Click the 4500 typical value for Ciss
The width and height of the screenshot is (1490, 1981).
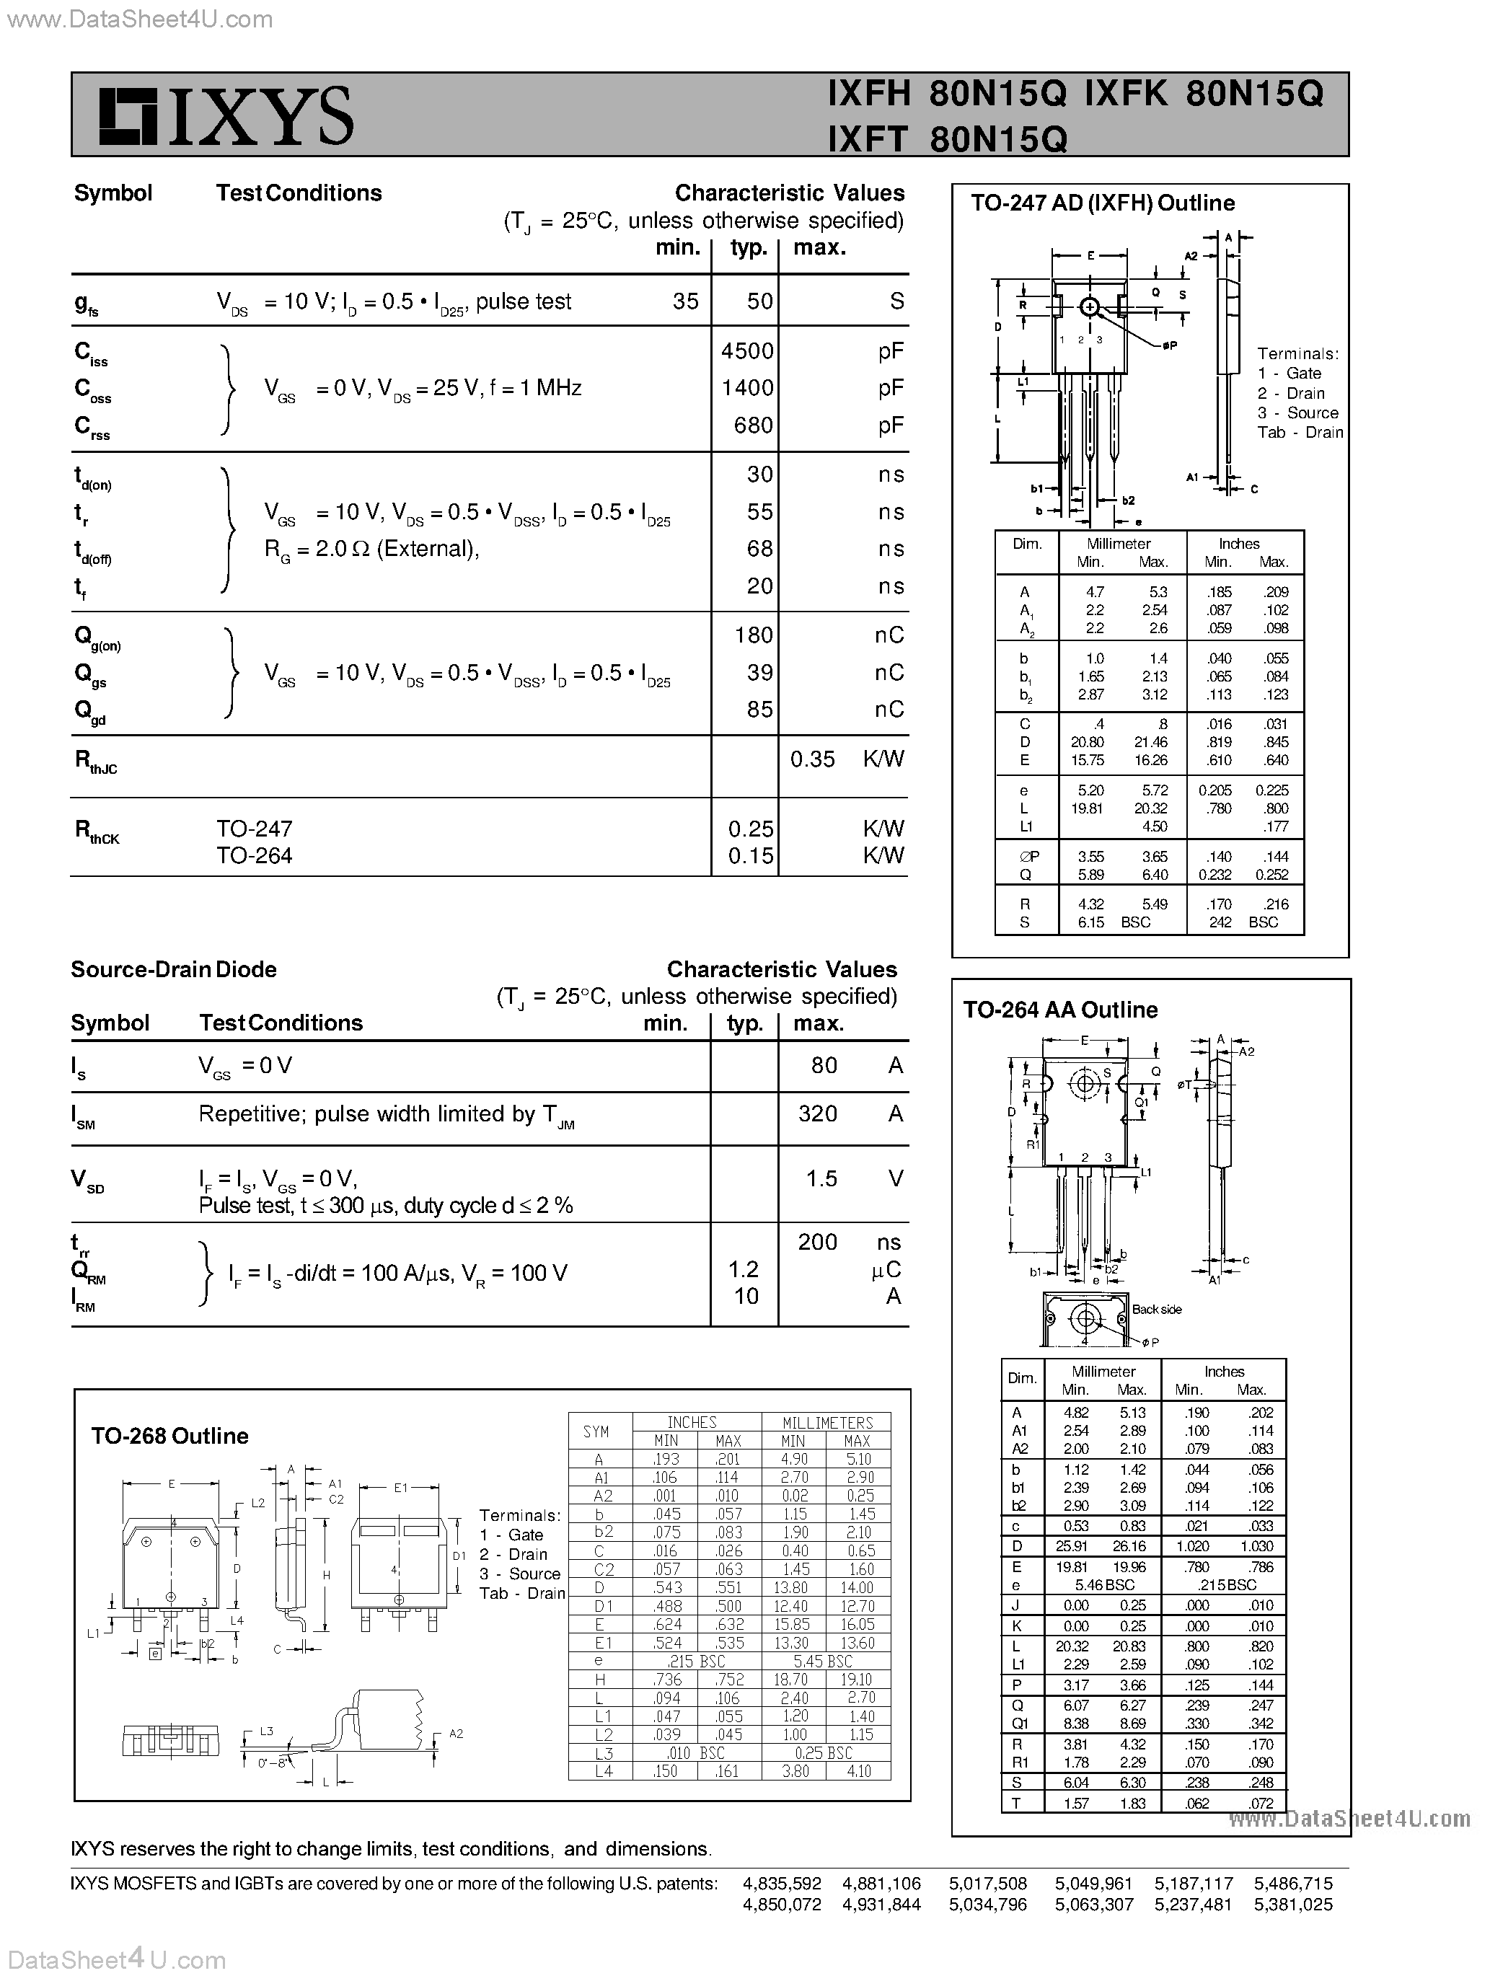point(746,350)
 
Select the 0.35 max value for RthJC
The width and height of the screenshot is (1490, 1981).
point(812,759)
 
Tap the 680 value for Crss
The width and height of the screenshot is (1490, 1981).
point(753,425)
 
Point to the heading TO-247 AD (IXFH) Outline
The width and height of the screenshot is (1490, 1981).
point(1102,203)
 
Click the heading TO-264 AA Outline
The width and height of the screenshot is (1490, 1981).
point(1060,1010)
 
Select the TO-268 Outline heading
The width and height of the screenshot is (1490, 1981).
point(169,1436)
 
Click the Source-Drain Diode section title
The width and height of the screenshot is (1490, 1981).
point(174,969)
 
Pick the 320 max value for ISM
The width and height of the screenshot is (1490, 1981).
point(818,1113)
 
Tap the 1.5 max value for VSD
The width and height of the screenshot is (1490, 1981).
point(821,1178)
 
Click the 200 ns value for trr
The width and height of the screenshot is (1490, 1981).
point(818,1242)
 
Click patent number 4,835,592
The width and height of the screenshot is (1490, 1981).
point(782,1884)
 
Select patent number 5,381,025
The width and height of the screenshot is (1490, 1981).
point(1293,1905)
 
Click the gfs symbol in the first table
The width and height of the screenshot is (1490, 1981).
point(86,304)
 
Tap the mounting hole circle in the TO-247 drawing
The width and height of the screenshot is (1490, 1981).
point(1089,307)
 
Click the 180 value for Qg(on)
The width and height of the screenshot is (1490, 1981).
point(753,635)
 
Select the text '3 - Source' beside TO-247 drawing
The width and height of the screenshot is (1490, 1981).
point(1297,412)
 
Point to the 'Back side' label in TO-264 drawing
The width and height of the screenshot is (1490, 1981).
point(1156,1310)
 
